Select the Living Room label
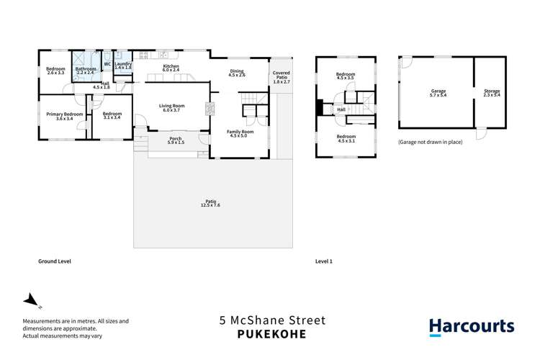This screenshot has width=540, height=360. tap(172, 109)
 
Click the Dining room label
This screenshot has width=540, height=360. tap(238, 73)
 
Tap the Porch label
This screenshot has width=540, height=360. tap(175, 140)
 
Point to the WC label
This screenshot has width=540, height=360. tap(107, 64)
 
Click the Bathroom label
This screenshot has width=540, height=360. tap(86, 71)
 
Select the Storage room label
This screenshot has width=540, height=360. tap(492, 93)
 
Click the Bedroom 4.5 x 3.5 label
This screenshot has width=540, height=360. tap(346, 77)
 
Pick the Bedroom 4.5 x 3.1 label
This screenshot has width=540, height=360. tap(346, 138)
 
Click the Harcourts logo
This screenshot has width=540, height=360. tap(472, 327)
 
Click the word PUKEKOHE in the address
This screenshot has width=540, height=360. tap(272, 333)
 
